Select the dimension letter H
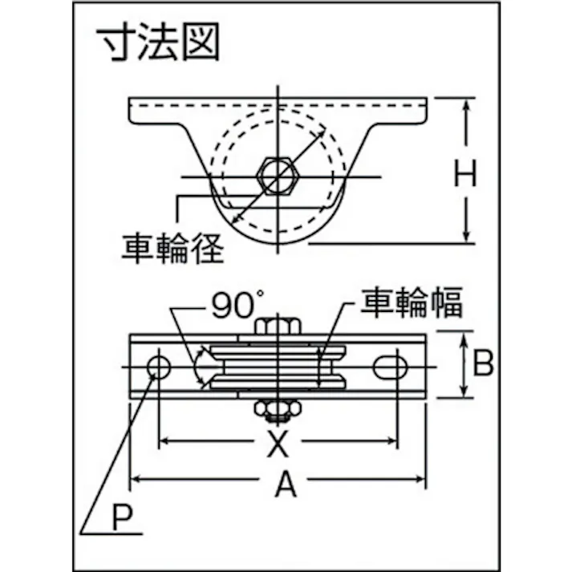(x=465, y=173)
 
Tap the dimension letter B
(x=483, y=363)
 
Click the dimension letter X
(x=278, y=443)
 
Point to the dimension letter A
(x=286, y=484)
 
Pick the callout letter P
(x=122, y=517)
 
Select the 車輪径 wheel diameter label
(x=172, y=249)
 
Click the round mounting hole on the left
(x=159, y=367)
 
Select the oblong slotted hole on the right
(x=390, y=367)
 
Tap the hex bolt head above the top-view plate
(x=278, y=327)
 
